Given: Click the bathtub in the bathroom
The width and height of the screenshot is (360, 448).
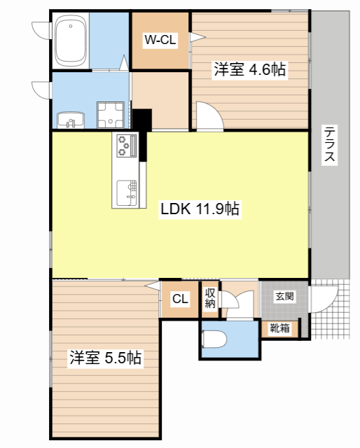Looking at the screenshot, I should (70, 40).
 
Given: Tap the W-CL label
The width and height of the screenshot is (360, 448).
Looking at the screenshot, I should (160, 41).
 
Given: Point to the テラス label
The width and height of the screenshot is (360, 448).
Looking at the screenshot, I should (328, 144).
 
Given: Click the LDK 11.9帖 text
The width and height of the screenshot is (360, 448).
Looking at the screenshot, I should (201, 209).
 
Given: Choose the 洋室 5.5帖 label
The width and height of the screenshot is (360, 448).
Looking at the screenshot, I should (105, 358).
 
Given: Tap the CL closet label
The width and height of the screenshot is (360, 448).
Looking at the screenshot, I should (181, 300).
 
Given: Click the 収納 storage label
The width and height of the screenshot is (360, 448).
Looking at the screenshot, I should (210, 299).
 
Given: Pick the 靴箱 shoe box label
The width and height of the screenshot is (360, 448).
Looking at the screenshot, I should (280, 328).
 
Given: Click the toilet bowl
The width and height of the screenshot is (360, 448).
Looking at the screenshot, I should (214, 339).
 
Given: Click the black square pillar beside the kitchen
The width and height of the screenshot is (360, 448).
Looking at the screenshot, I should (142, 120).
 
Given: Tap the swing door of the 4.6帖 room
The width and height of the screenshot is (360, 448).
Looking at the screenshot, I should (209, 116).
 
